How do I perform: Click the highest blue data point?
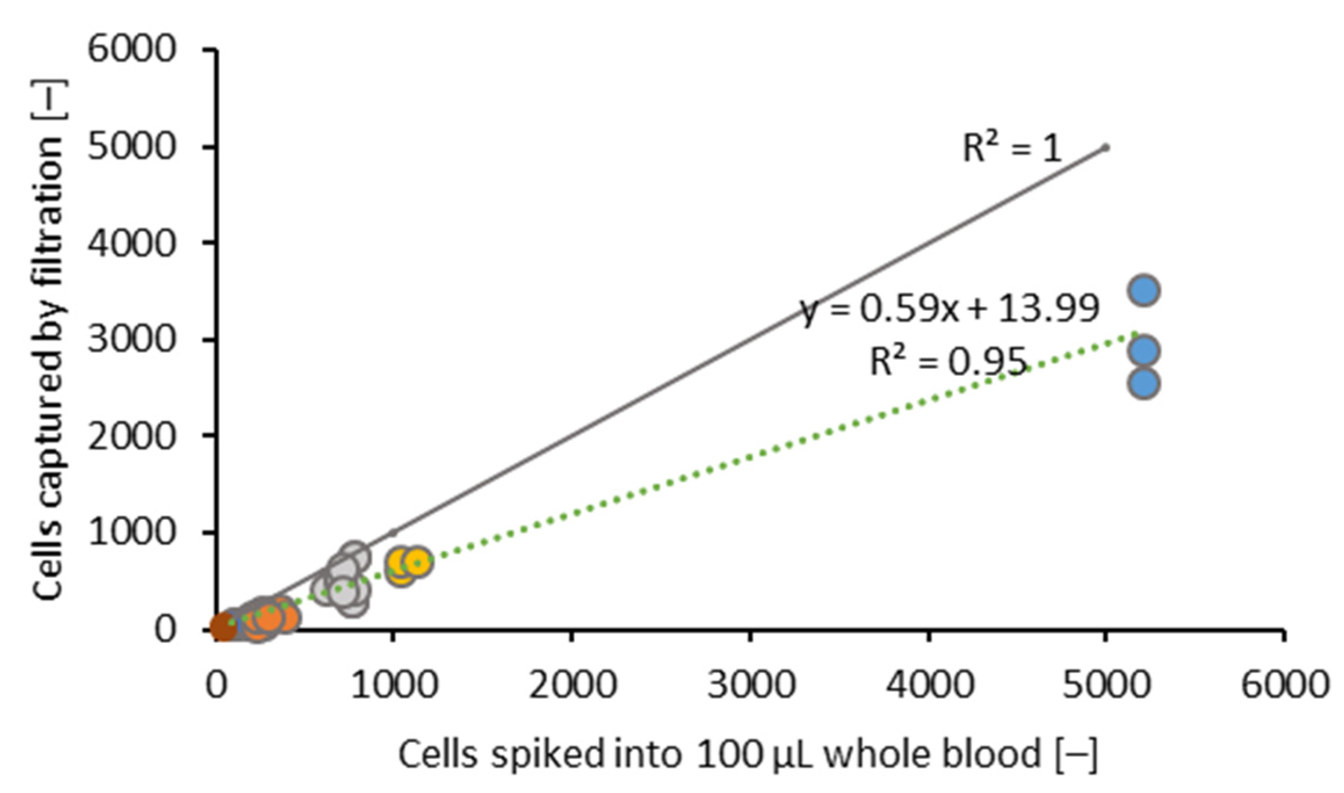point(1143,290)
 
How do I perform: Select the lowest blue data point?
point(1143,383)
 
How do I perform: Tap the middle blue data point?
point(1143,350)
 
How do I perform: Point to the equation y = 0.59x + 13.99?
point(950,309)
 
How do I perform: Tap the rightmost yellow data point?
point(417,562)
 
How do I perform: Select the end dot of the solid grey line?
point(1105,147)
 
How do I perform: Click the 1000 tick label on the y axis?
point(131,531)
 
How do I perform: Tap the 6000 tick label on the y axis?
point(131,49)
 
